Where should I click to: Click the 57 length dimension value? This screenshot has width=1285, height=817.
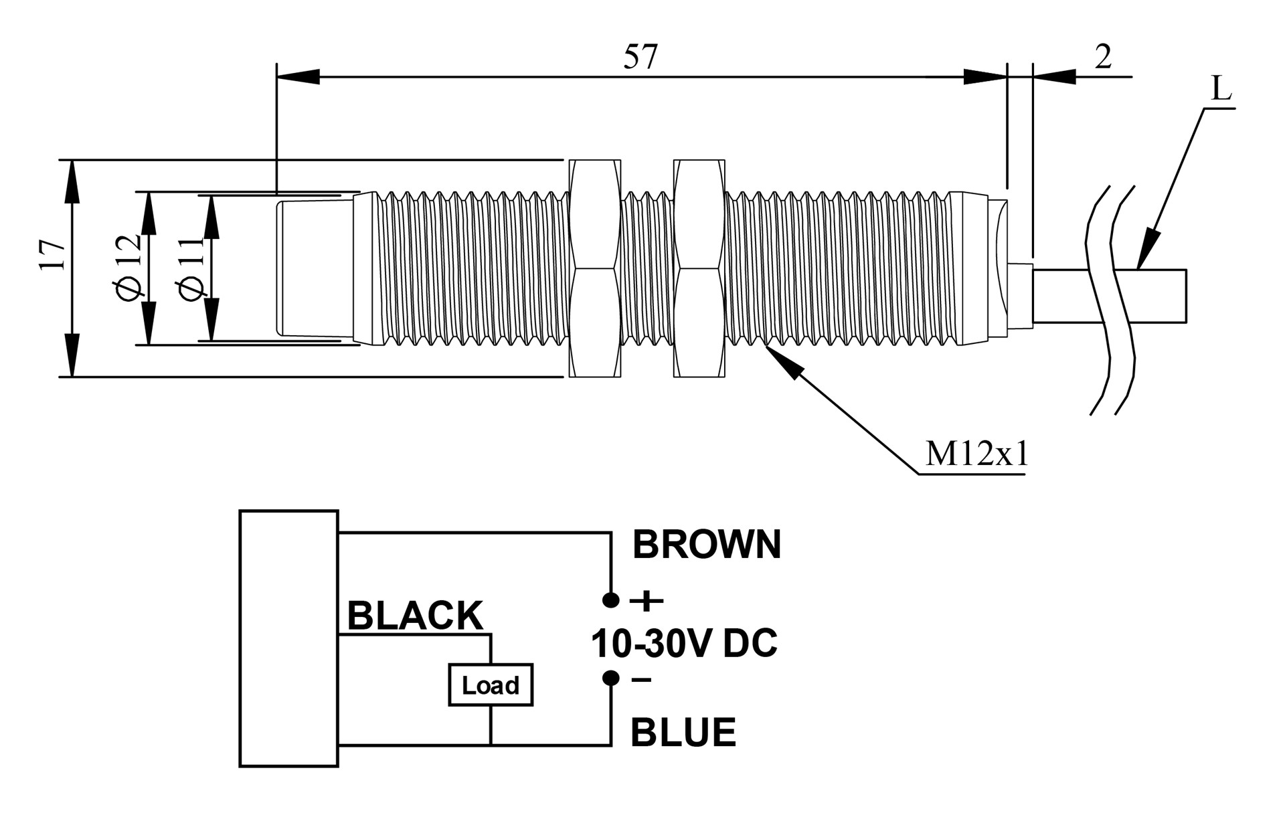click(x=640, y=58)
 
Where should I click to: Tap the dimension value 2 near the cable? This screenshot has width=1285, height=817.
click(x=1103, y=58)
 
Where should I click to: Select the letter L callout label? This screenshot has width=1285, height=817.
click(x=1221, y=88)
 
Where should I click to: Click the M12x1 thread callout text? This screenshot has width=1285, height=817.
click(x=976, y=455)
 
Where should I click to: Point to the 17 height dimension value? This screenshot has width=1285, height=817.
click(x=53, y=254)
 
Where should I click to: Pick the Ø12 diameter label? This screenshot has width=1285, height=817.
click(x=129, y=268)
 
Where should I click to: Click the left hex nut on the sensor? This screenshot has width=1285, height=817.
click(x=594, y=268)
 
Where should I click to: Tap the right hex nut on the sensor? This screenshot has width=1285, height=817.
click(x=699, y=268)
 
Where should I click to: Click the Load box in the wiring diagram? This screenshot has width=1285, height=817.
click(x=491, y=685)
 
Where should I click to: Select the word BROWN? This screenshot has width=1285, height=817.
click(x=707, y=545)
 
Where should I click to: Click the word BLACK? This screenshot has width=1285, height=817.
click(x=415, y=616)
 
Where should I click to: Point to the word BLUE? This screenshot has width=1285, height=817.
click(x=683, y=732)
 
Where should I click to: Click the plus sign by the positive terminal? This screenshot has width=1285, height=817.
click(x=647, y=601)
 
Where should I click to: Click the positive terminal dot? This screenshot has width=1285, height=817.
click(x=611, y=600)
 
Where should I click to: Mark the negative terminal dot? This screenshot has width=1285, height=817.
click(x=611, y=678)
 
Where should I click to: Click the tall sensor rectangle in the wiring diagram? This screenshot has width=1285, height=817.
click(x=289, y=638)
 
